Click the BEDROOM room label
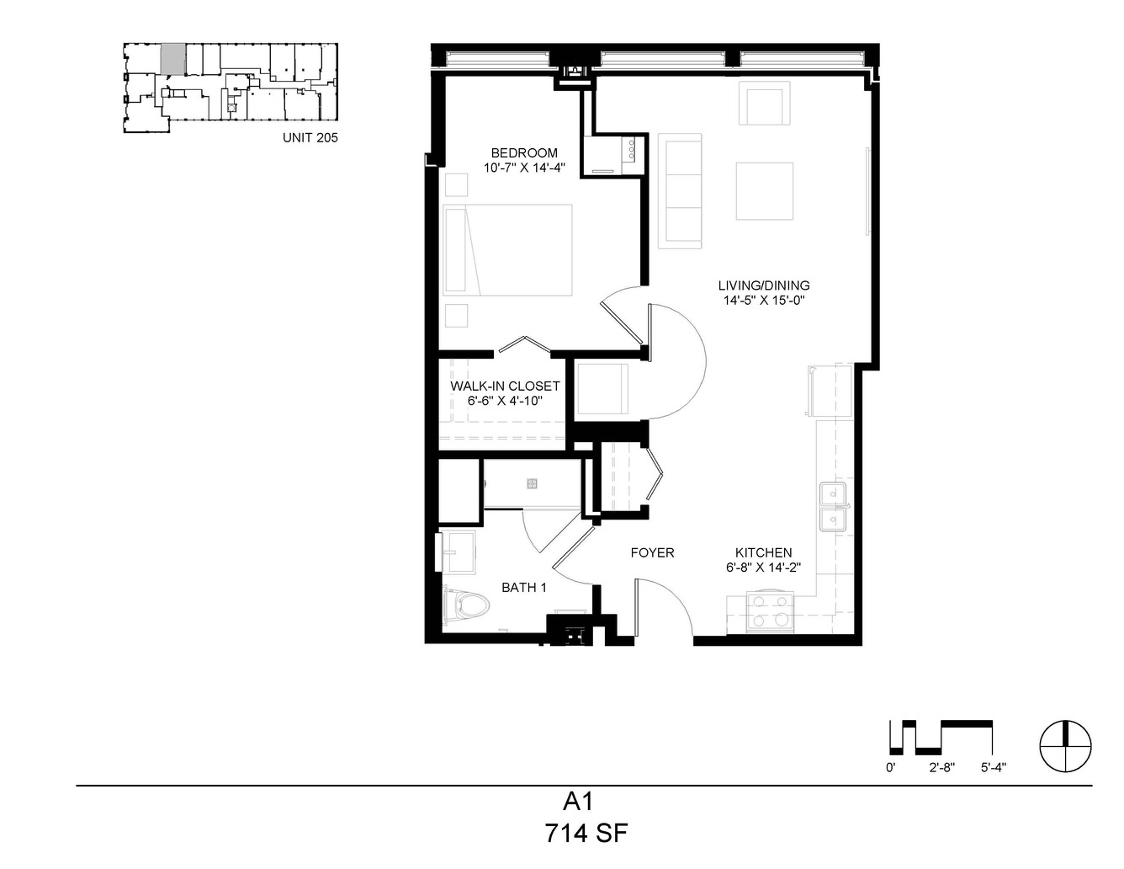pos(524,153)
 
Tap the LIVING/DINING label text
pos(763,285)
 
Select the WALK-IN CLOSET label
pos(505,387)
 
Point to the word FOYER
pos(652,552)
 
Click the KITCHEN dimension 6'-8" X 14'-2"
pos(763,568)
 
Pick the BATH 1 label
pos(524,588)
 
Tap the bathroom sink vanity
pos(459,552)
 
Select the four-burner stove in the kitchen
pos(769,611)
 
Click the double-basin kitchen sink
pos(833,507)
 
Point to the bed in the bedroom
pos(507,250)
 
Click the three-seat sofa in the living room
pos(680,191)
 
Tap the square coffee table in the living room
pos(765,191)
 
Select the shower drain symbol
pos(533,484)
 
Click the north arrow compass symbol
pos(1065,747)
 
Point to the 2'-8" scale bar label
pos(941,768)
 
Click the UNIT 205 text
pos(310,137)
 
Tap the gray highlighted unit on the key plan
pos(172,59)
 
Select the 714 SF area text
pos(586,834)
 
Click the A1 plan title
pos(578,802)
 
